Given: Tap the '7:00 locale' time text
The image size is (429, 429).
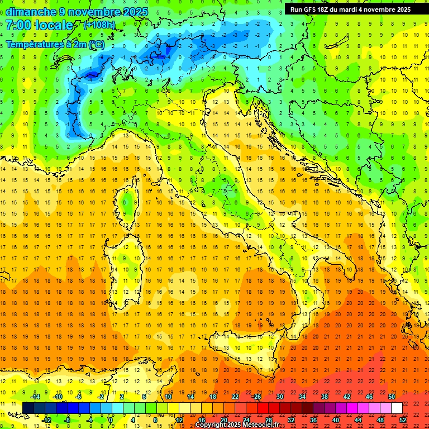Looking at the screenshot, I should pyautogui.click(x=39, y=26).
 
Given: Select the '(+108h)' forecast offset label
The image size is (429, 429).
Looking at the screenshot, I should pyautogui.click(x=99, y=25).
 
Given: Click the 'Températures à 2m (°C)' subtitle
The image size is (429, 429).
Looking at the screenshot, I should pyautogui.click(x=54, y=44).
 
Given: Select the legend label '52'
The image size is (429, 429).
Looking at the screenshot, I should pyautogui.click(x=402, y=420).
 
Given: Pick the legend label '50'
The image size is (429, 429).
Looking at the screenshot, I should pyautogui.click(x=391, y=396).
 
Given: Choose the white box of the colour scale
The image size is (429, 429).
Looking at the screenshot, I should pyautogui.click(x=397, y=408).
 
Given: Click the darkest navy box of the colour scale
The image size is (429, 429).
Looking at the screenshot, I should pyautogui.click(x=28, y=408).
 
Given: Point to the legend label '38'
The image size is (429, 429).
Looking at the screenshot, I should pyautogui.click(x=324, y=396).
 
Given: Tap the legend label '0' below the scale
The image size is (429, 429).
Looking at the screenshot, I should pyautogui.click(x=111, y=420).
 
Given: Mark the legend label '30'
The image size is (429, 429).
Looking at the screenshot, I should pyautogui.click(x=279, y=396).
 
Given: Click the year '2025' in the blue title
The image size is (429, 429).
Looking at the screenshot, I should pyautogui.click(x=135, y=12).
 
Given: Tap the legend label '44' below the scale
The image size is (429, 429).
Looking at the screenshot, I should pyautogui.click(x=357, y=420).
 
